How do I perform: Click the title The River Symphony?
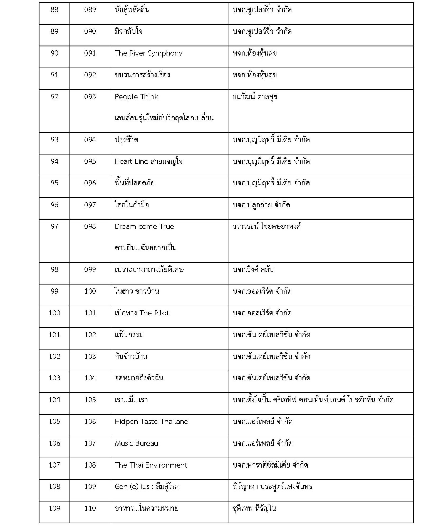[x=148, y=53]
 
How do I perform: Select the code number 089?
[x=90, y=10]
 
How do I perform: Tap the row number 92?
[x=54, y=97]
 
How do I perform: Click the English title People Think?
[x=136, y=97]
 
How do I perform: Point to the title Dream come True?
[x=144, y=226]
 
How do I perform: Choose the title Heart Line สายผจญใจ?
[x=148, y=161]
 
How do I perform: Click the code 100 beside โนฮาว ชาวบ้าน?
[x=90, y=291]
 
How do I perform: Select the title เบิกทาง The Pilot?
[x=142, y=313]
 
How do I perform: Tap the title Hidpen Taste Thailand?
[x=151, y=422]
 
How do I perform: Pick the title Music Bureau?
[x=136, y=443]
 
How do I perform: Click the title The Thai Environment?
[x=151, y=465]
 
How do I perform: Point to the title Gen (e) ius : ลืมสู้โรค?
[x=147, y=487]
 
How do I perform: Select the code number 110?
[x=90, y=508]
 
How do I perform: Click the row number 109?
[x=54, y=508]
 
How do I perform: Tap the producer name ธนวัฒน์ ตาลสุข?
[x=255, y=97]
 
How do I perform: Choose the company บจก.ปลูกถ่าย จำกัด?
[x=261, y=205]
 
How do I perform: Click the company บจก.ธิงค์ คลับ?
[x=253, y=269]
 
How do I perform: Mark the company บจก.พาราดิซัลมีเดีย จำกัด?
[x=270, y=465]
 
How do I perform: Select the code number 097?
[x=90, y=205]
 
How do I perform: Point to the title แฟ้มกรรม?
[x=129, y=335]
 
